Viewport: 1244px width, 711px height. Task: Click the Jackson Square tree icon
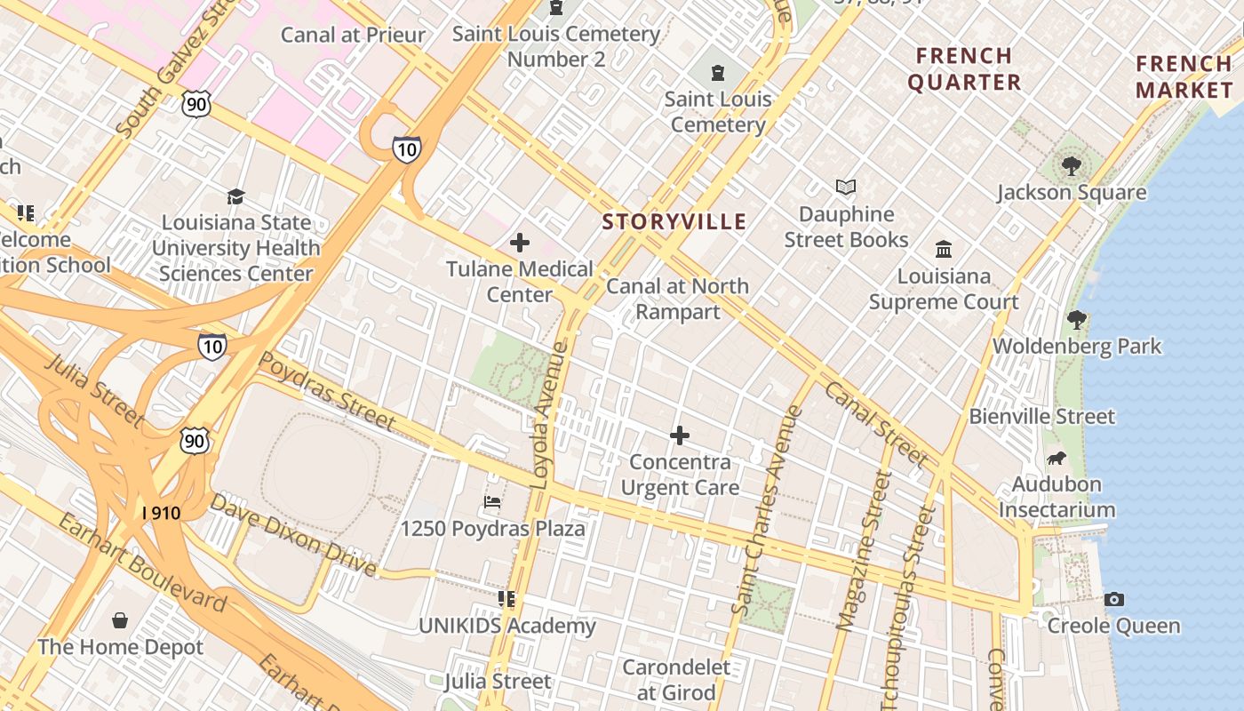[x=1072, y=165]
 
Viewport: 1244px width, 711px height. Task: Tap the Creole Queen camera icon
[x=1113, y=600]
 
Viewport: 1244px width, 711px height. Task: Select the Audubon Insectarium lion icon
[x=1057, y=459]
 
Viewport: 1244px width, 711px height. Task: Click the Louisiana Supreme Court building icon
[x=944, y=250]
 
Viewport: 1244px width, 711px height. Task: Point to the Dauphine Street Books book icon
[x=846, y=188]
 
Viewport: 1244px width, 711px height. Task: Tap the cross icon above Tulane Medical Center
[x=520, y=243]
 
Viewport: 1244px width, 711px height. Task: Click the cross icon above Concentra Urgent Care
[x=680, y=435]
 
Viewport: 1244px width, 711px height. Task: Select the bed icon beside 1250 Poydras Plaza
[x=492, y=503]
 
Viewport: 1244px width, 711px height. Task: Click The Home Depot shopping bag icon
[x=120, y=620]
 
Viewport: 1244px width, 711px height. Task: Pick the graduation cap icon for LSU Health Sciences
[x=235, y=196]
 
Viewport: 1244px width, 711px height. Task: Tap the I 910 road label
[x=161, y=514]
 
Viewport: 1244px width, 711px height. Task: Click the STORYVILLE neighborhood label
[x=674, y=222]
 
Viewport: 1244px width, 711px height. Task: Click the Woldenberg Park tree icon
[x=1077, y=320]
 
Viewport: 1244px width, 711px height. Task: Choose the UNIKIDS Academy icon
[x=506, y=600]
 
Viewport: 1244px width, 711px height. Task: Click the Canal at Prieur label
[x=353, y=36]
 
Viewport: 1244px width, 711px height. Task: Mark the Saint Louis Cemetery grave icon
[x=718, y=73]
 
